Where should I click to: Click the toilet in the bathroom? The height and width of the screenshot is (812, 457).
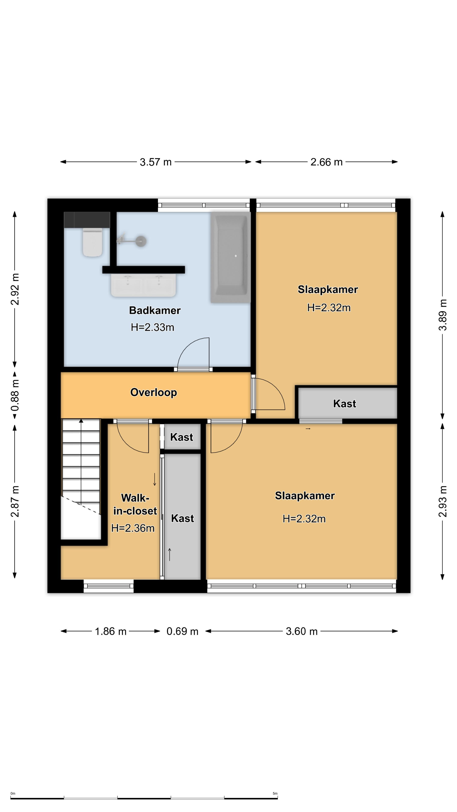92,242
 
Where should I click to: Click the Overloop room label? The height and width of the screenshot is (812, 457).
154,392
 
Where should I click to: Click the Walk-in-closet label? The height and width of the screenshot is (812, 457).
135,504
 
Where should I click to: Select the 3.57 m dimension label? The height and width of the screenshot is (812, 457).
156,162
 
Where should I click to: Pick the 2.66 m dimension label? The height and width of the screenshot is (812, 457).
326,162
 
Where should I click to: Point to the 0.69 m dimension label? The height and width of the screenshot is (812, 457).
182,631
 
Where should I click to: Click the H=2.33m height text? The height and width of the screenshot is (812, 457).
153,328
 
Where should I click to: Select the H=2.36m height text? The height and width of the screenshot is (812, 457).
133,528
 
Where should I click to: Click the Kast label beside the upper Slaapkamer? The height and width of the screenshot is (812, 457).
345,404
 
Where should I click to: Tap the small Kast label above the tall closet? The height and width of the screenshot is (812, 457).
182,437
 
